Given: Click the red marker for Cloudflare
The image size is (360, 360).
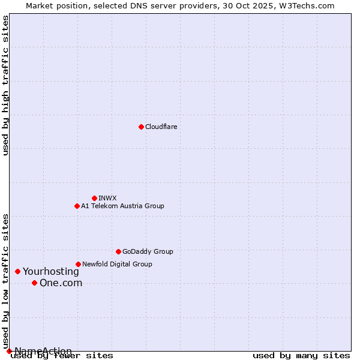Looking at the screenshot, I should pos(141,127).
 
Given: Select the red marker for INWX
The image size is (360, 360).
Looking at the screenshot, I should pos(94,198).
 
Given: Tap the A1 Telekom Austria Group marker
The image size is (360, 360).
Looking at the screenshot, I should pos(77,206).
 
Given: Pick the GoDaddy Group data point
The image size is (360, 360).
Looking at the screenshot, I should pos(118,251).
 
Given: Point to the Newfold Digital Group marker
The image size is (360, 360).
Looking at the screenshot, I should pos(78,264).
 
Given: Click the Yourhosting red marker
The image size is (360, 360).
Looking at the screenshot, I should pos(17,271).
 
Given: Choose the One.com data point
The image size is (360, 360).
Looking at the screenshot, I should pos(34,283).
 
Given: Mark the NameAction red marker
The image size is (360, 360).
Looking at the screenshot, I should pos(9,351).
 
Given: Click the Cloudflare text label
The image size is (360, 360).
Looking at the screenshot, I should pos(161,127).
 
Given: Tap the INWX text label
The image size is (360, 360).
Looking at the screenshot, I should pos(107,198).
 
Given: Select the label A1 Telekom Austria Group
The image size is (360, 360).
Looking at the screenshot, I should pos(122,206).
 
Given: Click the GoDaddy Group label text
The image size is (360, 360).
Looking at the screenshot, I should pos(147,251).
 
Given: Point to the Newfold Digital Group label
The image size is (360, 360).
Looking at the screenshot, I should pos(117,264).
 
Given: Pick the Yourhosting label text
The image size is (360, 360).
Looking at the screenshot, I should pos(50,271).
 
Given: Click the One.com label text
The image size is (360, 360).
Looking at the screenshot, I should pos(61,283).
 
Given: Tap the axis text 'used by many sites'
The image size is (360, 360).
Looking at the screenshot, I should pos(301,355).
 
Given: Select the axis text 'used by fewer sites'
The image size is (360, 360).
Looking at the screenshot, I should pos(62,355).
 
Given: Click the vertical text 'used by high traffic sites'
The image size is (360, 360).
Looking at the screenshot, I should pos(6,85).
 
